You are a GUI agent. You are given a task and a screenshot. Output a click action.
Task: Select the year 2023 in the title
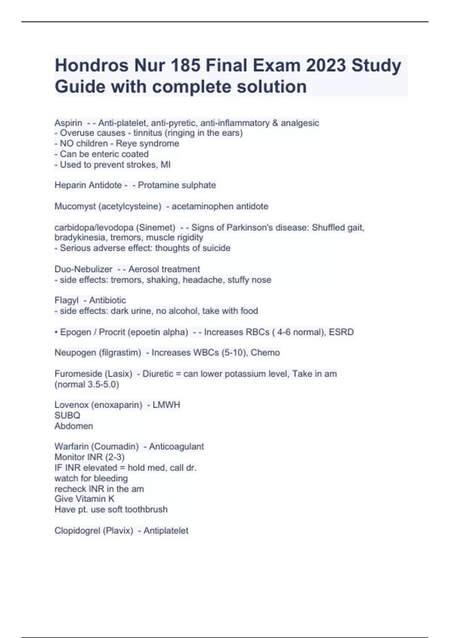(326, 66)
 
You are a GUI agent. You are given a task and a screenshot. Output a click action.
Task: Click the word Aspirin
(68, 123)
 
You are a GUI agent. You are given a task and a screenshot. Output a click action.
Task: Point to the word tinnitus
(148, 133)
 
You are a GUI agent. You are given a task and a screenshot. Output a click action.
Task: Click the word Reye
(126, 144)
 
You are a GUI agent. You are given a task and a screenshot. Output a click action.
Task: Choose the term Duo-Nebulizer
(83, 269)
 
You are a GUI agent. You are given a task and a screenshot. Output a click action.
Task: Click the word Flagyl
(66, 301)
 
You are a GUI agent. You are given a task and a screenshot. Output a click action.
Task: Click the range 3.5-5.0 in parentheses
(103, 385)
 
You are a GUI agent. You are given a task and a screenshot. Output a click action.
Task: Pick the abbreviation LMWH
(166, 405)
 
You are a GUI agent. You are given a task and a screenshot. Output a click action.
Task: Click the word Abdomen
(73, 426)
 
